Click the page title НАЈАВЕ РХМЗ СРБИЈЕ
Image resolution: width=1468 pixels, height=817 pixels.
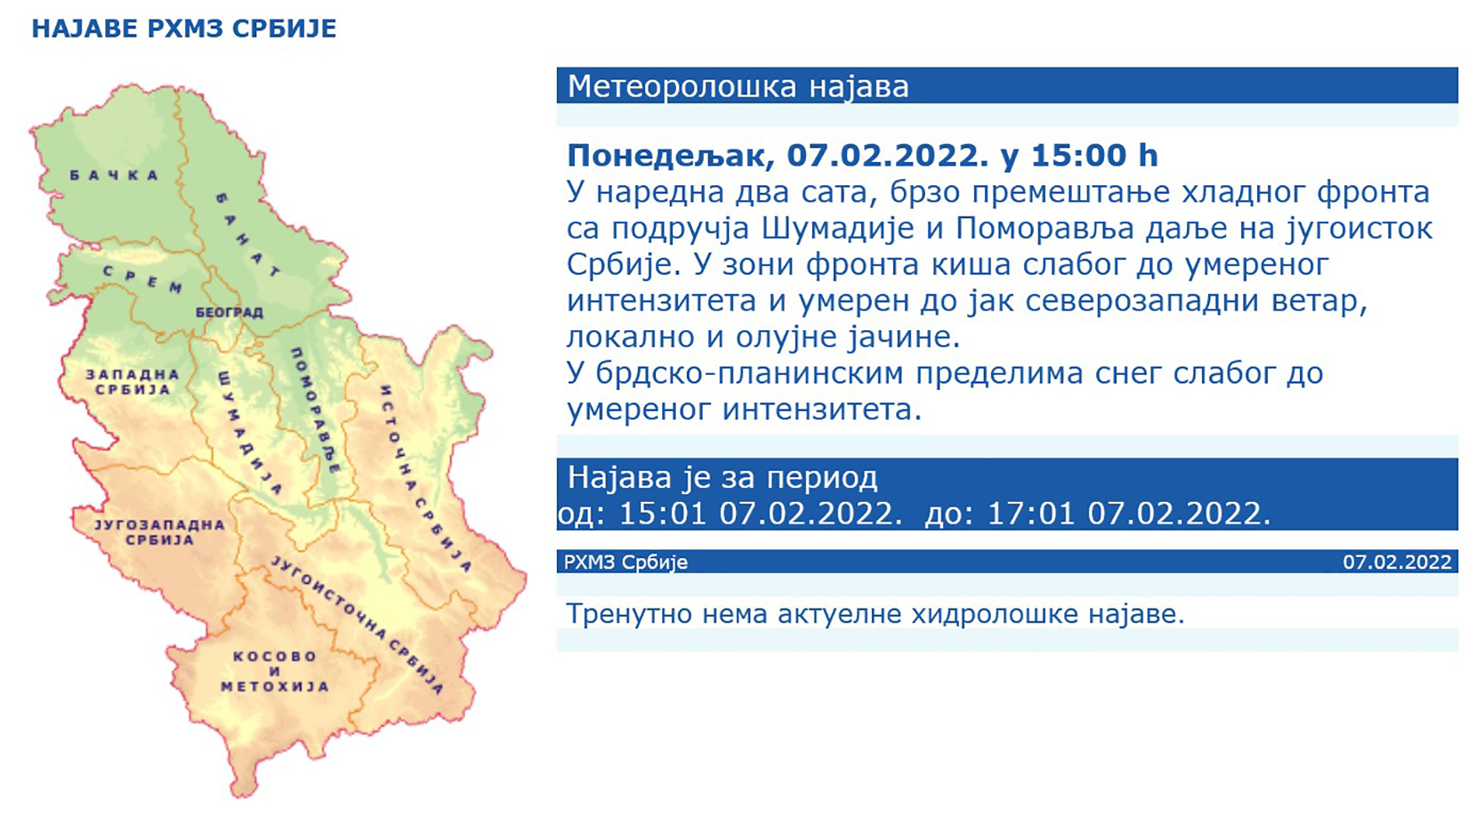coord(184,28)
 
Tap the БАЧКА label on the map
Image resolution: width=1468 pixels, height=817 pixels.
coord(115,175)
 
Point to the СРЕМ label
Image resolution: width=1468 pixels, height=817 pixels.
coord(143,279)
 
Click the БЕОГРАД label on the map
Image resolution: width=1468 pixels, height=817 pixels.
coord(230,312)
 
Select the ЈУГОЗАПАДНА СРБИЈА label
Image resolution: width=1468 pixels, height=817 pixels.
coord(160,532)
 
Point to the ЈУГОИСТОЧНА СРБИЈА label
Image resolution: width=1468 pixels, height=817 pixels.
coord(357,624)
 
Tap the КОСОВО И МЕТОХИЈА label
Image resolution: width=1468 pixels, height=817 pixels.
coord(275,671)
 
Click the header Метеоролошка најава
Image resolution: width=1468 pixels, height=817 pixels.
coord(738,87)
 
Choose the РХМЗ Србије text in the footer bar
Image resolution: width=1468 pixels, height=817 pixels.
coord(625,562)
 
